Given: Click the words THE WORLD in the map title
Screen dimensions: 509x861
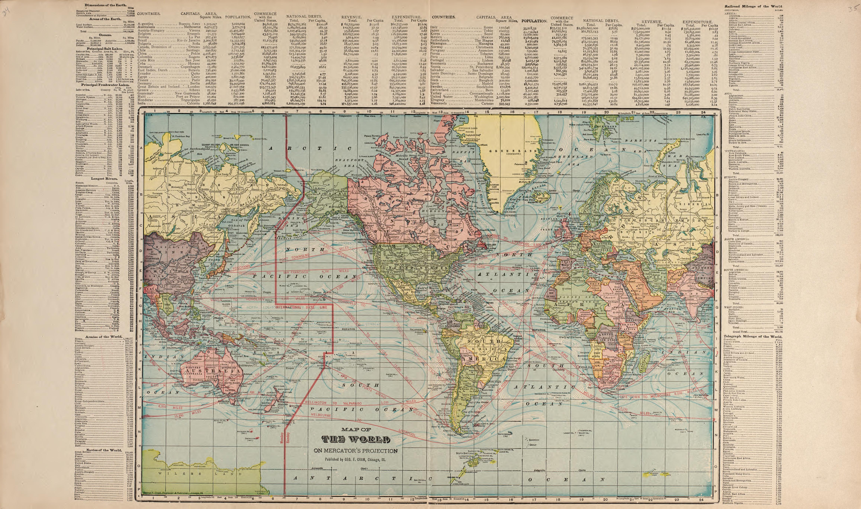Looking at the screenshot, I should click(355, 440).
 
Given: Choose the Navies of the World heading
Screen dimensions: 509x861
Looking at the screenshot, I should click(104, 450).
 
